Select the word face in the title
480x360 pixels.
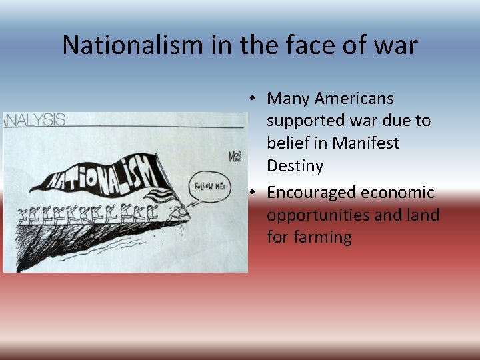coord(311,45)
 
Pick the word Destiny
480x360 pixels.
coord(295,165)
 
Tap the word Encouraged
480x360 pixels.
coord(313,193)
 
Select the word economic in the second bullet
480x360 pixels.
coord(398,193)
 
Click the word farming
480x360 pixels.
coord(309,237)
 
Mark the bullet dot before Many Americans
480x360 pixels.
coord(254,99)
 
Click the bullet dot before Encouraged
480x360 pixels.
coord(254,193)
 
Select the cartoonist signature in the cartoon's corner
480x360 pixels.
coord(235,157)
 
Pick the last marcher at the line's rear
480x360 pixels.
coord(26,214)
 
